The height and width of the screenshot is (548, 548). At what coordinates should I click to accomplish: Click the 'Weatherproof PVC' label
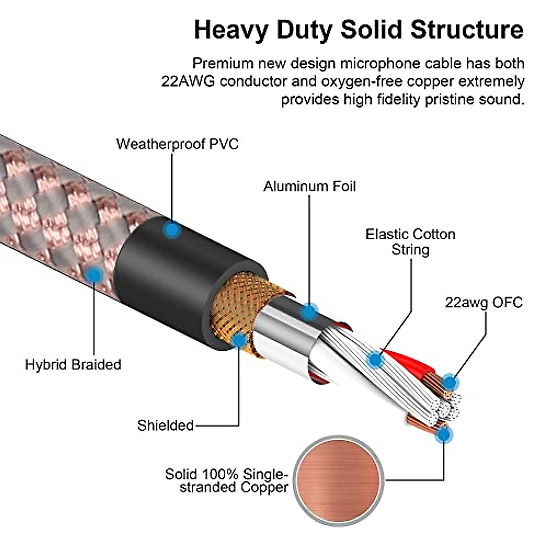(x=177, y=144)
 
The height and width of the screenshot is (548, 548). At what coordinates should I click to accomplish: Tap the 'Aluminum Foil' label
(x=310, y=186)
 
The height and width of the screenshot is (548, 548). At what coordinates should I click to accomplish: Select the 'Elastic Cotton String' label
(x=410, y=242)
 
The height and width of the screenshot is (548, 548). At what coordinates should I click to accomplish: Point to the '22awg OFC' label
(x=484, y=302)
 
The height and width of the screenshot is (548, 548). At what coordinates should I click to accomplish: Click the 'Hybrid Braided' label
(x=73, y=364)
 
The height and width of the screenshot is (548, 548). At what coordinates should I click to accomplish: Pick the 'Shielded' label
(x=165, y=425)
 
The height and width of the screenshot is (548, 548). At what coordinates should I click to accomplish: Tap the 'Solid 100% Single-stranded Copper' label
(x=227, y=480)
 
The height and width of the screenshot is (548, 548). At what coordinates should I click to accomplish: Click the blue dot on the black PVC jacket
(x=172, y=230)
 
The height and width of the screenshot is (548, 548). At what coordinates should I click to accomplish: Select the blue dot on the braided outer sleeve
(x=95, y=275)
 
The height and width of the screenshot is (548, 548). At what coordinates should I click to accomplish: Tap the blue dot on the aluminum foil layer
(x=309, y=312)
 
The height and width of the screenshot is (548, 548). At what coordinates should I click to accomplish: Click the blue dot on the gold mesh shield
(x=239, y=340)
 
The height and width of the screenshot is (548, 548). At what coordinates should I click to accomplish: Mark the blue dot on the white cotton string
(x=375, y=360)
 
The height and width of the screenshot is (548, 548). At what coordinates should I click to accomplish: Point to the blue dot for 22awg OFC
(x=450, y=383)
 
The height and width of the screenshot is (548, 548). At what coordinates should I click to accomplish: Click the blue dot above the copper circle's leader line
(x=442, y=435)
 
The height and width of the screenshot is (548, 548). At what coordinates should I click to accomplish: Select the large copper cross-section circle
(x=338, y=479)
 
